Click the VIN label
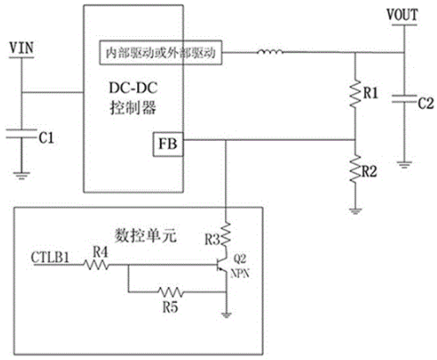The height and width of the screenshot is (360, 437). pyautogui.click(x=21, y=48)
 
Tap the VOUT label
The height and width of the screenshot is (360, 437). pyautogui.click(x=402, y=15)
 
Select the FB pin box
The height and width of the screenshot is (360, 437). pyautogui.click(x=168, y=143)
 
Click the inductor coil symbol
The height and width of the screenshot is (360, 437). pyautogui.click(x=270, y=52)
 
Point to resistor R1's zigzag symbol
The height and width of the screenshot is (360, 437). pyautogui.click(x=355, y=93)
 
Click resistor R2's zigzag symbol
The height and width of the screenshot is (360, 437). pyautogui.click(x=355, y=170)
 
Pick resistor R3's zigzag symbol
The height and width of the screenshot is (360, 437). pyautogui.click(x=226, y=235)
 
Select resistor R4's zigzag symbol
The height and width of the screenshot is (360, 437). pyautogui.click(x=97, y=265)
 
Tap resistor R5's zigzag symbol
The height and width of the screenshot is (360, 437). pyautogui.click(x=171, y=292)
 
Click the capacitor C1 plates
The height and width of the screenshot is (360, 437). pyautogui.click(x=21, y=133)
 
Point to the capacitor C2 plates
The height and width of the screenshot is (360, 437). pyautogui.click(x=404, y=99)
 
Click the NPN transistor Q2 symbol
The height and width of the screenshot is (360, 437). pyautogui.click(x=222, y=265)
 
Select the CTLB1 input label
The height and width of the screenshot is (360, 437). pyautogui.click(x=50, y=258)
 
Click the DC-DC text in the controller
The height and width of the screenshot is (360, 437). pyautogui.click(x=133, y=88)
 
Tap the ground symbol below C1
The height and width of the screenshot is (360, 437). pyautogui.click(x=21, y=175)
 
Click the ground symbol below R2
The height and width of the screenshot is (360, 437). pyautogui.click(x=355, y=210)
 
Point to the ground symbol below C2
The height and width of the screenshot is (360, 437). pyautogui.click(x=404, y=165)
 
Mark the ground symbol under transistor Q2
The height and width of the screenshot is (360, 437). pyautogui.click(x=226, y=315)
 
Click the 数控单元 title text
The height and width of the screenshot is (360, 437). pyautogui.click(x=146, y=236)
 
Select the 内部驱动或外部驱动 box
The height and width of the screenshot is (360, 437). pyautogui.click(x=160, y=53)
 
